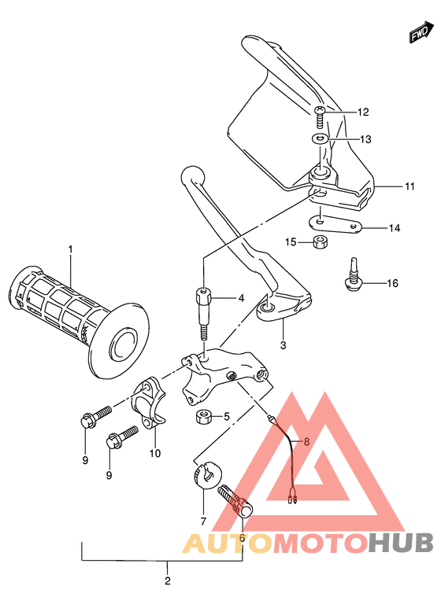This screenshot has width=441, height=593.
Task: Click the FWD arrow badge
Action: [x=418, y=34]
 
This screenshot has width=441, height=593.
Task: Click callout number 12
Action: [x=362, y=112]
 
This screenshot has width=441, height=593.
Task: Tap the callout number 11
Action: [x=409, y=186]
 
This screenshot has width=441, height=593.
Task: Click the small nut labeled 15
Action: [x=320, y=241]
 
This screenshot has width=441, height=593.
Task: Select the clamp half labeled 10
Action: [x=151, y=402]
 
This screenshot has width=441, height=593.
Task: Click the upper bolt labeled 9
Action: [x=90, y=418]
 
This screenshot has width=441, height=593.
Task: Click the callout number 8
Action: [x=306, y=442]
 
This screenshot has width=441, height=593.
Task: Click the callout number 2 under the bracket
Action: [x=167, y=581]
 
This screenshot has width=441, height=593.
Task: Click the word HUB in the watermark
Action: [x=401, y=542]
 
